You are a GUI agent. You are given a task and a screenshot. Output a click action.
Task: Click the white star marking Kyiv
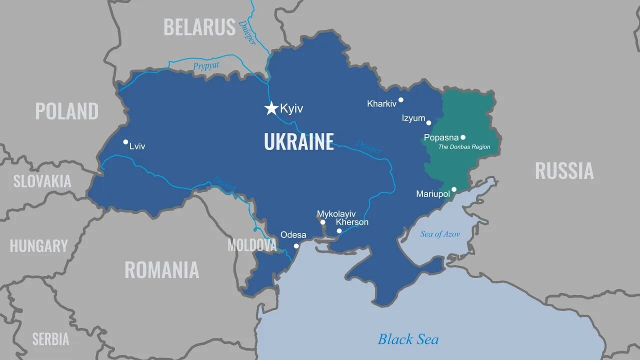coord(271,108)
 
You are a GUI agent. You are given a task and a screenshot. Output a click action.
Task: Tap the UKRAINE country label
coord(298,142)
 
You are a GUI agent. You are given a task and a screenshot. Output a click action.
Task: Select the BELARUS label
coord(199,27)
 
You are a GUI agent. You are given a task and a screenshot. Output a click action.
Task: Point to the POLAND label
coord(66,111)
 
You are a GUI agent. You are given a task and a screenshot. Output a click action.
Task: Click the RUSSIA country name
coord(564,171)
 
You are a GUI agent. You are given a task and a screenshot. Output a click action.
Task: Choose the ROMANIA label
coord(161,270)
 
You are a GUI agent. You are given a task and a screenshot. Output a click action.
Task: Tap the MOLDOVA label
coord(252,245)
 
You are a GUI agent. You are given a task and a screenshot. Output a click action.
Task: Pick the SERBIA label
coord(50,339)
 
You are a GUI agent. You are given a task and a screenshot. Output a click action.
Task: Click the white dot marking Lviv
coord(125,142)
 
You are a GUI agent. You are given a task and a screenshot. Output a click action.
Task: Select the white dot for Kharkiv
coord(400,99)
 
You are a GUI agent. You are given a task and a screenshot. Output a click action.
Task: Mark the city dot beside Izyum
coord(428,122)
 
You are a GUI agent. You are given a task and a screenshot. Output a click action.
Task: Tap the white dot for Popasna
coord(463,137)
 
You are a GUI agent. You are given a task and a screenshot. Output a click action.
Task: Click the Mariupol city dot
coord(454,189)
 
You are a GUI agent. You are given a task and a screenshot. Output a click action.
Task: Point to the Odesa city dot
coord(296,245)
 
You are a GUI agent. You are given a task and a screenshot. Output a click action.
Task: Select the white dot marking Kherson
coord(339,231)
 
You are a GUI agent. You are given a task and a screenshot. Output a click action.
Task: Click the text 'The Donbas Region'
coord(464,147)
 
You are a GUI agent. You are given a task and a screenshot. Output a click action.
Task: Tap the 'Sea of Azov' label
coord(440,234)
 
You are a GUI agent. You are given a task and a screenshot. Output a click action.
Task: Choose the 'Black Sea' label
coord(408,339)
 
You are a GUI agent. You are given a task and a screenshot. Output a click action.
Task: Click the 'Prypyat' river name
coord(206,65)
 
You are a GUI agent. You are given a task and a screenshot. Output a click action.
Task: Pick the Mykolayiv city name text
coord(336,214)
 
